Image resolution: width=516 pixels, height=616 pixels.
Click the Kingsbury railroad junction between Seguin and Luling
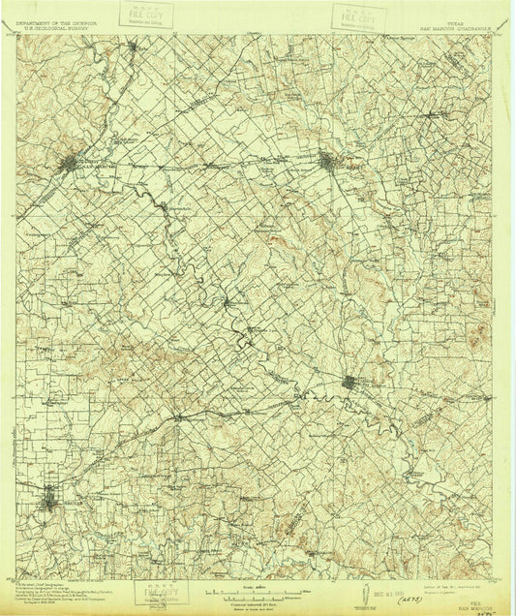click(178, 415)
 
